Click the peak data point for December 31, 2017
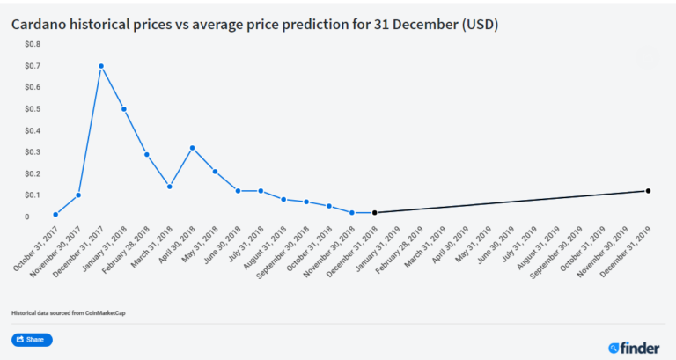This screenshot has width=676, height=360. (x=101, y=66)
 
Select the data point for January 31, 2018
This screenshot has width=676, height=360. (x=124, y=109)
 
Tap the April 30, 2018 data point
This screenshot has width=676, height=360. (x=192, y=148)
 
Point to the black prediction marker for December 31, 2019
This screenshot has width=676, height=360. (x=648, y=191)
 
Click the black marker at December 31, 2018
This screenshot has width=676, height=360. (x=375, y=213)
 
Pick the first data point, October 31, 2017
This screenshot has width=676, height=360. (x=55, y=214)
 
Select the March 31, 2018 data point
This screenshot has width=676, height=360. (x=169, y=187)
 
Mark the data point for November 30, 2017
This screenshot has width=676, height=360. (x=78, y=195)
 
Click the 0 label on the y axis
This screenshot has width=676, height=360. (x=26, y=217)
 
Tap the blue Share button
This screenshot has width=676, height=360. (x=32, y=340)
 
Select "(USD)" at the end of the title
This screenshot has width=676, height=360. (x=479, y=25)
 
